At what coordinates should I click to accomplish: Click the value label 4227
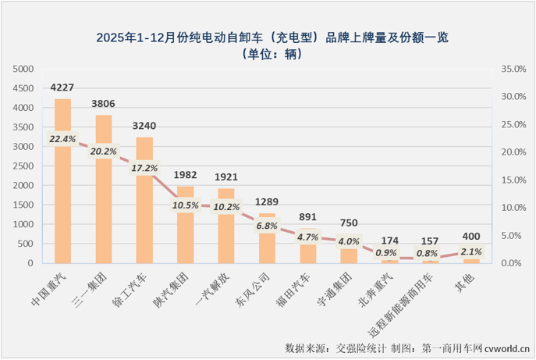pyautogui.click(x=62, y=87)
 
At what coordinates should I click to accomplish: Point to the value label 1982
pyautogui.click(x=185, y=175)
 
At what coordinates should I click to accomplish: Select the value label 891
pyautogui.click(x=307, y=218)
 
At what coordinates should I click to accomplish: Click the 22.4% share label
pyautogui.click(x=62, y=139)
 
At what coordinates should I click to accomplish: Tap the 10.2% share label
pyautogui.click(x=226, y=207)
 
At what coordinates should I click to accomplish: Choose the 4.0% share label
pyautogui.click(x=349, y=241)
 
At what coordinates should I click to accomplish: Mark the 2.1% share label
pyautogui.click(x=471, y=251)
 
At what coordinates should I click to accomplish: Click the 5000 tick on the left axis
pyautogui.click(x=24, y=69)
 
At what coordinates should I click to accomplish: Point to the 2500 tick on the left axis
pyautogui.click(x=24, y=166)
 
